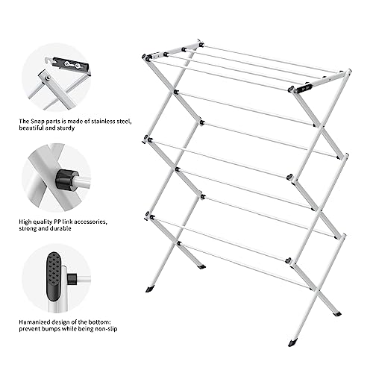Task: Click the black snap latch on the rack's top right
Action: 302,87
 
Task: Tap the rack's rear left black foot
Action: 201,266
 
